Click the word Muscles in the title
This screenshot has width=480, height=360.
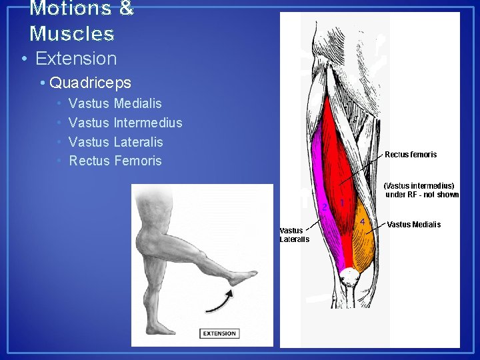coord(72,33)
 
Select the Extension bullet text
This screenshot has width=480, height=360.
coord(75,59)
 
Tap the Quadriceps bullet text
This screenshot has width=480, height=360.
coord(90,83)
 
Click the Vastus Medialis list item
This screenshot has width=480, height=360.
coord(115,103)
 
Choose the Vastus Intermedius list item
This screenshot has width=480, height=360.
coord(125,123)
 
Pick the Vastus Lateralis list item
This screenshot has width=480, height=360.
coord(115,142)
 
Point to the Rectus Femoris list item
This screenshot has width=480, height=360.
coord(115,161)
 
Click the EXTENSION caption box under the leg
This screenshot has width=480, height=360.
coord(219,333)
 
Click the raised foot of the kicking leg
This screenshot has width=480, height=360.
coord(242,277)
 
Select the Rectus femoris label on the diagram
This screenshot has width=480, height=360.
coord(411,155)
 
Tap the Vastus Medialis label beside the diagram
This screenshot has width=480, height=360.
coord(413,225)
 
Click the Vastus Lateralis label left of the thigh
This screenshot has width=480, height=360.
coord(294,235)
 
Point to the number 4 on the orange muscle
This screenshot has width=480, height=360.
coord(362,221)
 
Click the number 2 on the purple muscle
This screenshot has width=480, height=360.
coord(325,207)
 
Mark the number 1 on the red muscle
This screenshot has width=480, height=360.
coord(342,202)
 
